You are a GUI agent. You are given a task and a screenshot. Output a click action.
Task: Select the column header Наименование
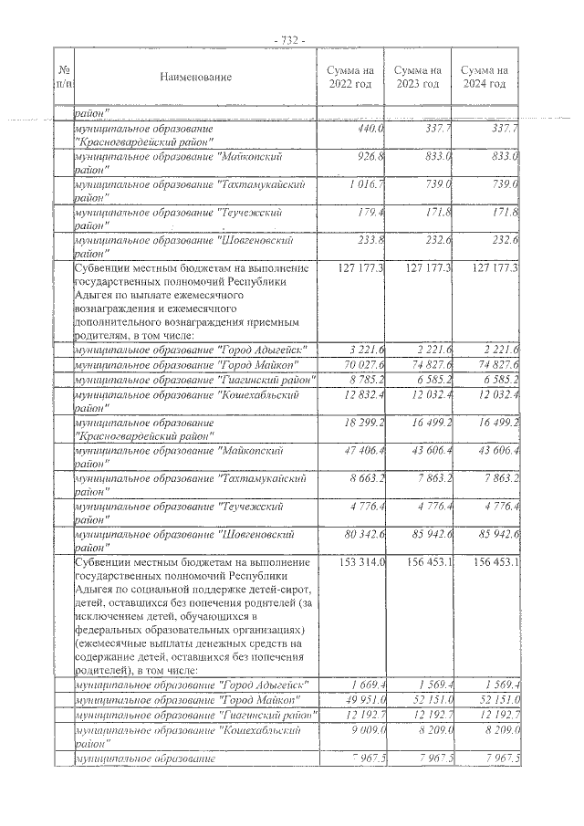point(195,77)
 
